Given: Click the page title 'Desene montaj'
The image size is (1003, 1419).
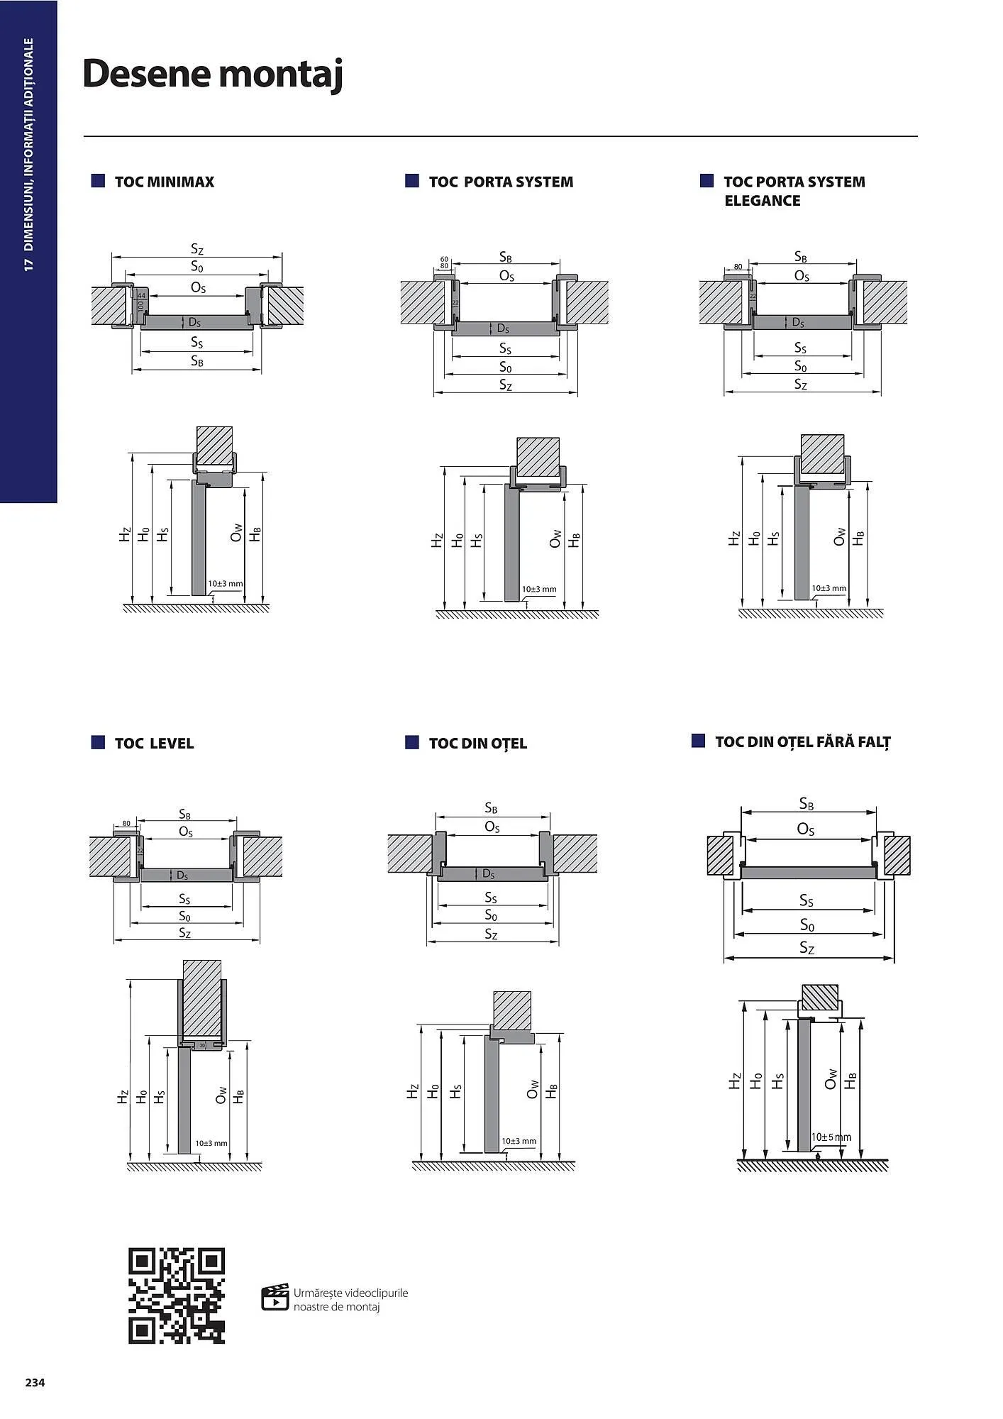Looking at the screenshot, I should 213,74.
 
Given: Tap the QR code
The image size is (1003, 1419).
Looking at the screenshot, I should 177,1296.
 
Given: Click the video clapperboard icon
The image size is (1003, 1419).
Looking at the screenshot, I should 275,1297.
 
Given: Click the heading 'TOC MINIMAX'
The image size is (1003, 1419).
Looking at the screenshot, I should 164,182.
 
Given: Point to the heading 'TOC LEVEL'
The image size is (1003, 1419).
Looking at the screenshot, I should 154,744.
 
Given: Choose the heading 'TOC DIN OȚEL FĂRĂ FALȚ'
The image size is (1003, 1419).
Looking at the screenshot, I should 802,742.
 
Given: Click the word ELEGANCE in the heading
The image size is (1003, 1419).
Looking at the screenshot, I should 762,201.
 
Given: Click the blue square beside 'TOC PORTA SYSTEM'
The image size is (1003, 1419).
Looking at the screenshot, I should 412,181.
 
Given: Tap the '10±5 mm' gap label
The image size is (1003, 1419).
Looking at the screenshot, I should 831,1137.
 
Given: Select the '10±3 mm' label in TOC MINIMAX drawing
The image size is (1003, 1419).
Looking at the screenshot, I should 225,584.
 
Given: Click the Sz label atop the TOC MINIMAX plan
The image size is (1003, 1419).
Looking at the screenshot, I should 197,249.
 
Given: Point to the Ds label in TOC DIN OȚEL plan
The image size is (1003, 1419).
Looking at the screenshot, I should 488,874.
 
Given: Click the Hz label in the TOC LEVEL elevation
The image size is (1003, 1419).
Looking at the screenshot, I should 123,1097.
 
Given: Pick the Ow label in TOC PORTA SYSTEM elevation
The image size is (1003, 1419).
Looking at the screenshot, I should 555,539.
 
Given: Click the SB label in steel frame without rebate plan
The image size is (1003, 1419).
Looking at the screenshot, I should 807,804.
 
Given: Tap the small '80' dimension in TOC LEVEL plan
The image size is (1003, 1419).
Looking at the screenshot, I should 126,823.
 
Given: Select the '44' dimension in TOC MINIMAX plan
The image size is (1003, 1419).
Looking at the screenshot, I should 141,296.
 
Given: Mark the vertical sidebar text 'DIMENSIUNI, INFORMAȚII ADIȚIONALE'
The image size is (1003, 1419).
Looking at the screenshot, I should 28,145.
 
